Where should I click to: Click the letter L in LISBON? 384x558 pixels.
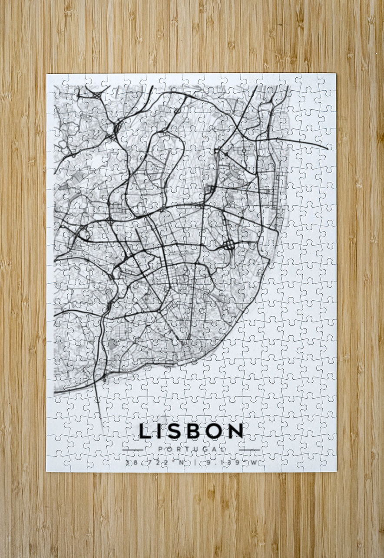[145, 431]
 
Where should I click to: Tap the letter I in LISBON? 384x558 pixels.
[160, 431]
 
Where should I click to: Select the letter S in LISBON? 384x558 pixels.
[175, 431]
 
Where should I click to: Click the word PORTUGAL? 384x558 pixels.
[192, 449]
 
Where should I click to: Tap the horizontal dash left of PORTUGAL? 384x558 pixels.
[132, 450]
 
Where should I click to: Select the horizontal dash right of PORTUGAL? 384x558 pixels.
[250, 450]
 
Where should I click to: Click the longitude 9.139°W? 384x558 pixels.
[231, 463]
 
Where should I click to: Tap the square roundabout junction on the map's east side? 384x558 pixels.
[229, 246]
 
